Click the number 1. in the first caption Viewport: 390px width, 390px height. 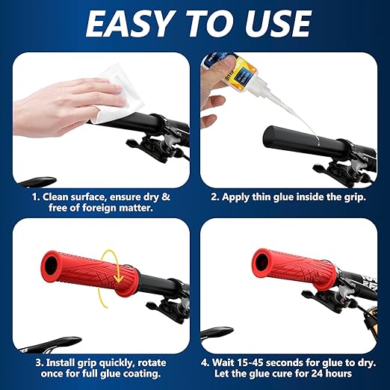click(36, 196)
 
